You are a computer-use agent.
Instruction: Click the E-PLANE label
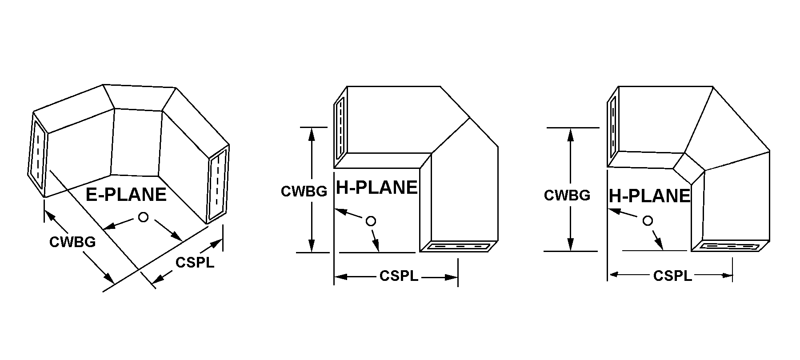point(126,195)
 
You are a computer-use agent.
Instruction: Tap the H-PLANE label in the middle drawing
point(377,188)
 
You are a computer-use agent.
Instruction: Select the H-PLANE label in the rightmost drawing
point(649,196)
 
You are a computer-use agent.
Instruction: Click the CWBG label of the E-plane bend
point(72,242)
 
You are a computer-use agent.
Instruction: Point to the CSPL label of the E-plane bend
point(195,263)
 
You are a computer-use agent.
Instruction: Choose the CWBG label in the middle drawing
point(304,191)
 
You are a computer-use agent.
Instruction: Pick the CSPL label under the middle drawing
point(399,276)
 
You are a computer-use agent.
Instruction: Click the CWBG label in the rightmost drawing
point(567,196)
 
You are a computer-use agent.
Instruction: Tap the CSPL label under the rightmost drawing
point(672,276)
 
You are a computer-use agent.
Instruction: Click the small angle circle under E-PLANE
point(143,217)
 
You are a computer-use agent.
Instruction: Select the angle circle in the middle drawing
point(371,221)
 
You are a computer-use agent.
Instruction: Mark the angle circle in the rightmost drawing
point(648,220)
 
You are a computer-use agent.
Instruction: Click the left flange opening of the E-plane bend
point(38,155)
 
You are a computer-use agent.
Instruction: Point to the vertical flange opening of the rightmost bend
point(613,127)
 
